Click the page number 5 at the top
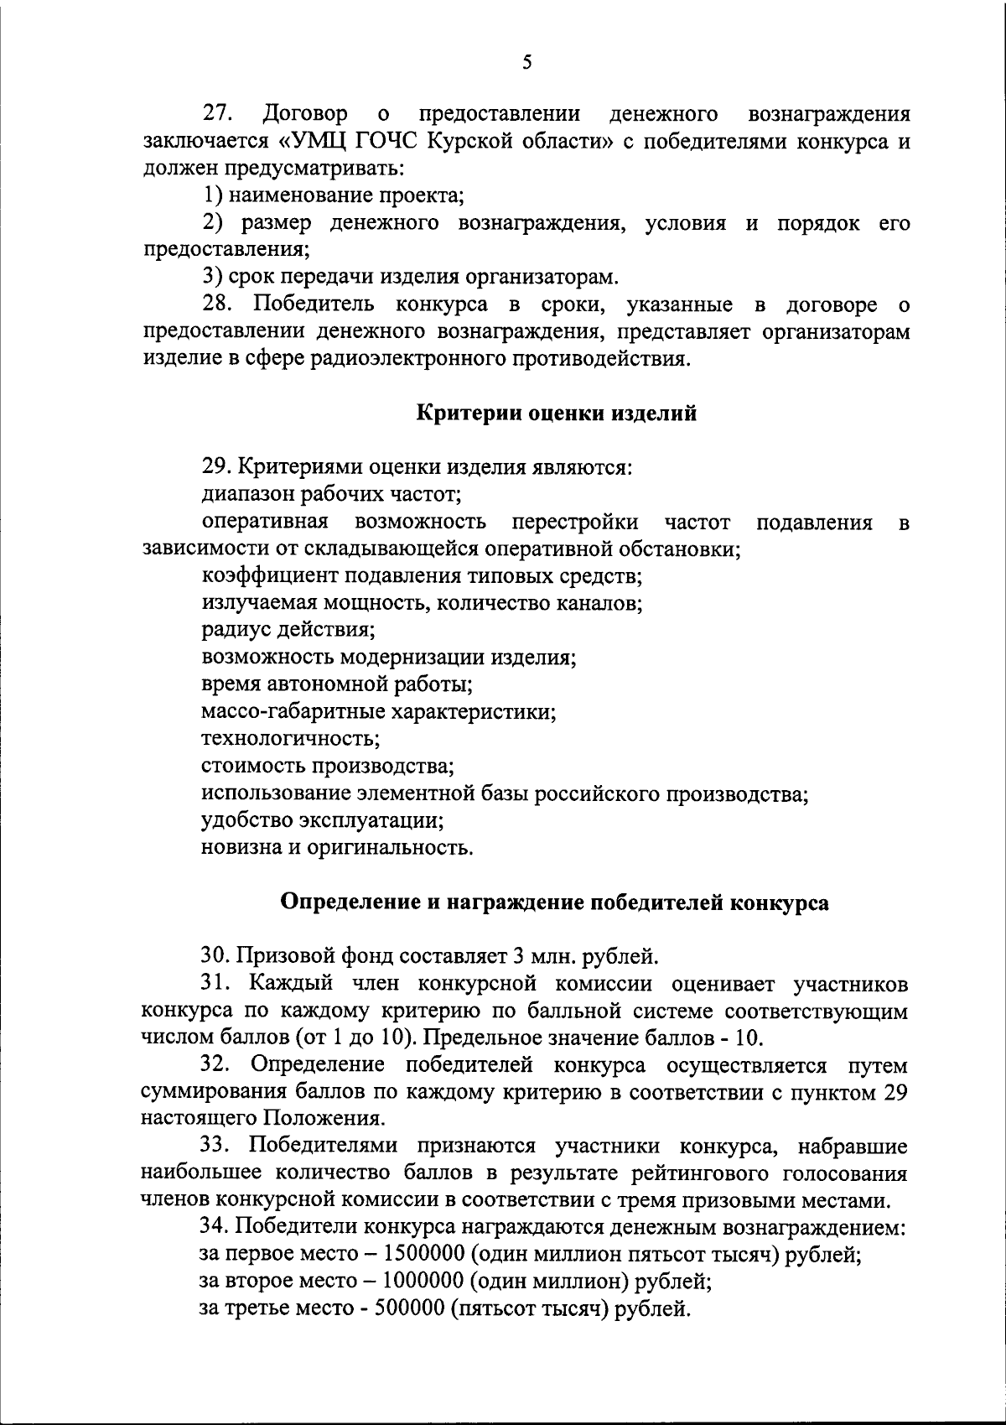[x=526, y=62]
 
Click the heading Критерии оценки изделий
[x=556, y=413]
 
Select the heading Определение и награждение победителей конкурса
[x=553, y=902]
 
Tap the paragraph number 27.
[x=220, y=113]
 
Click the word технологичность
[x=290, y=739]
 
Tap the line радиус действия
[x=288, y=630]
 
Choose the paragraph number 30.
[x=215, y=955]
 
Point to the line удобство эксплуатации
[x=322, y=819]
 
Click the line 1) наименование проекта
[x=333, y=195]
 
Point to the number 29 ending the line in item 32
[x=894, y=1092]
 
